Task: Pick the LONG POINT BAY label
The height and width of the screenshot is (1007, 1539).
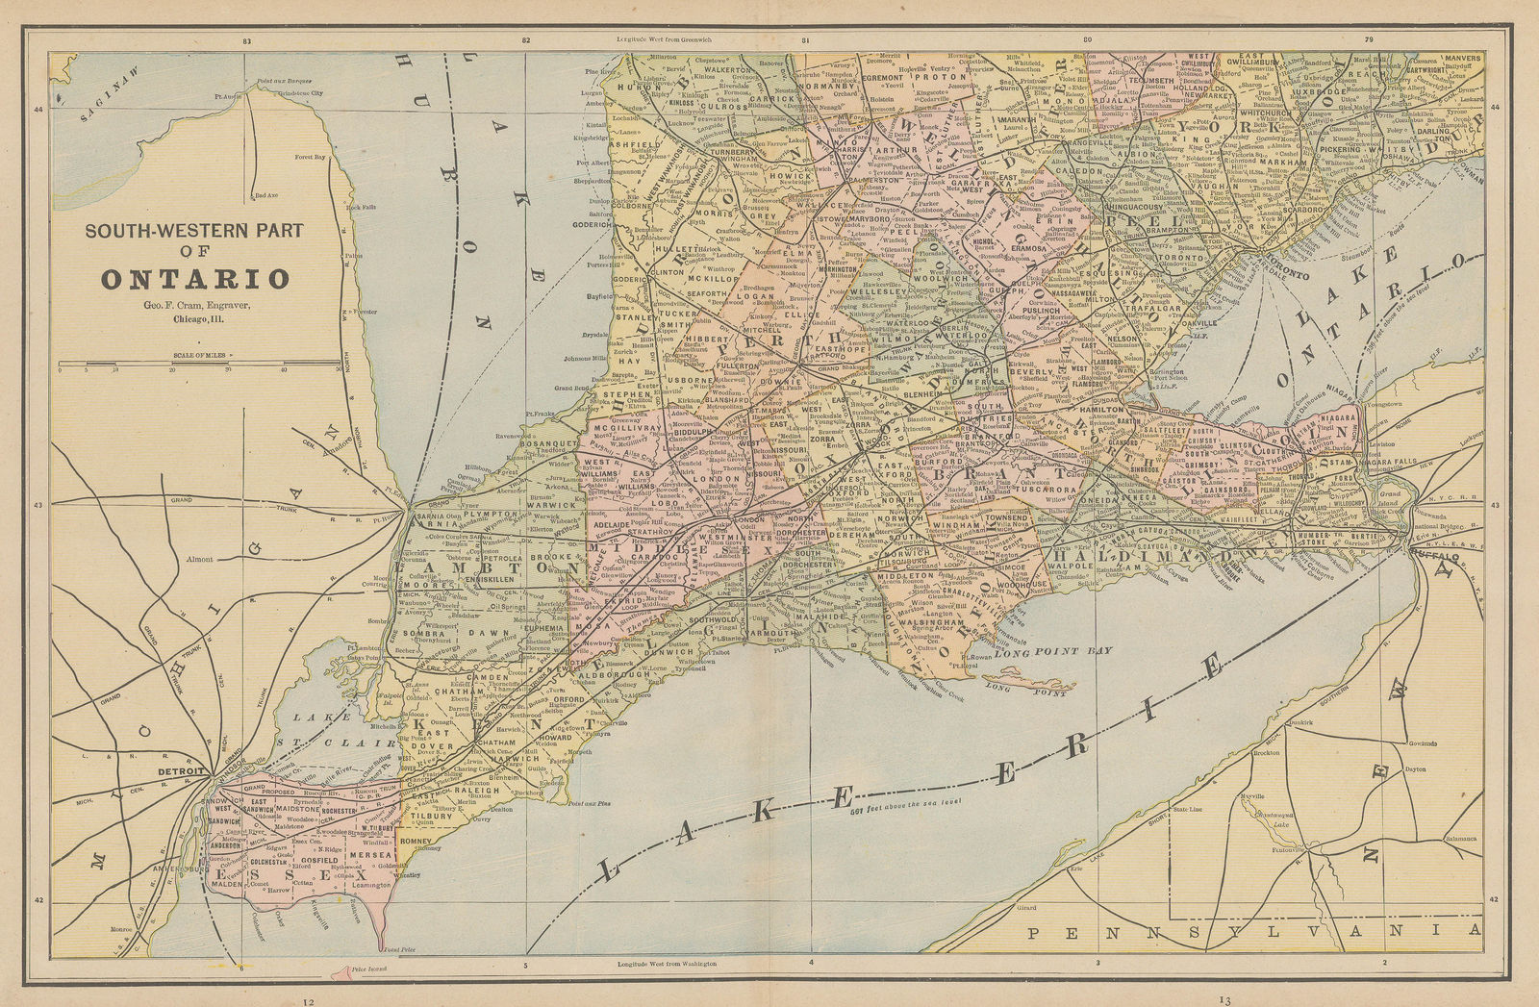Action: [x=1068, y=651]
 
